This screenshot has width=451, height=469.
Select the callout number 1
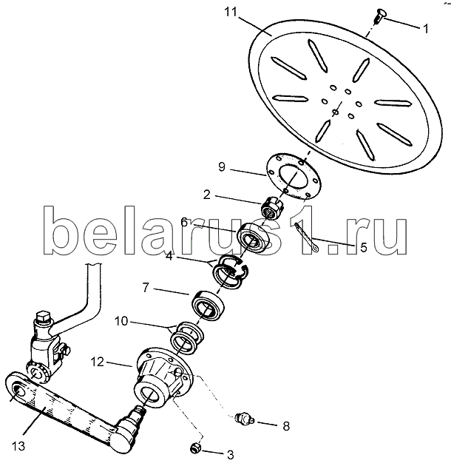(425, 30)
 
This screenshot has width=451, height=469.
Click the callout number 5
(362, 249)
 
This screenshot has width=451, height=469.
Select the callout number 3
(230, 453)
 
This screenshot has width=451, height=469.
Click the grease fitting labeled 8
(244, 419)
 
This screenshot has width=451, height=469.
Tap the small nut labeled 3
(196, 446)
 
